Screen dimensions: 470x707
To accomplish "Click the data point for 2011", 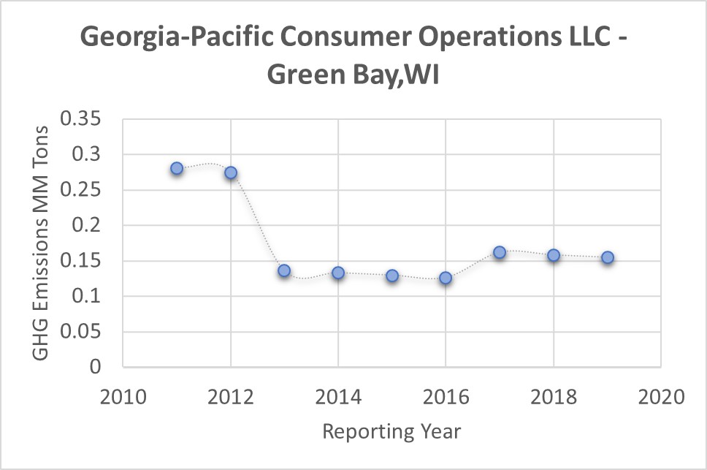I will click(177, 168).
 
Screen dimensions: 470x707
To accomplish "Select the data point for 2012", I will click(231, 173).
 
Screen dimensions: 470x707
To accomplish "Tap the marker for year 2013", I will click(284, 270).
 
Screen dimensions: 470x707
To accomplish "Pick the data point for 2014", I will click(338, 273).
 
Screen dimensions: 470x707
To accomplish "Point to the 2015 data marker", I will click(392, 276).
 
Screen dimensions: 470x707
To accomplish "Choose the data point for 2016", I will click(446, 278).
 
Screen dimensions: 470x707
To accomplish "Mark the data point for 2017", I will click(500, 252).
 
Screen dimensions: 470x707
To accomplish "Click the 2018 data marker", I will click(554, 255).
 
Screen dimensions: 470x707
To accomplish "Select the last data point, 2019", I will click(607, 257).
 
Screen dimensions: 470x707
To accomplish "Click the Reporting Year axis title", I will click(391, 431).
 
